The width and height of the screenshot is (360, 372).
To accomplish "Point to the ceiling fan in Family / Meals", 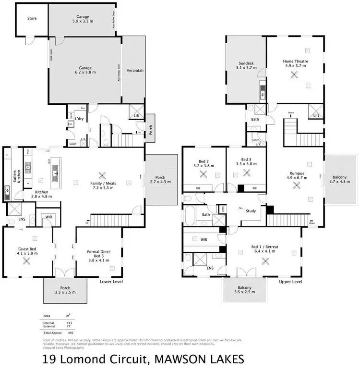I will (101, 175).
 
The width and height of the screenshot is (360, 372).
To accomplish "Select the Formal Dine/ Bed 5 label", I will (99, 255).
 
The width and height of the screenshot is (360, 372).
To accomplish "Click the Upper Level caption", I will (290, 282).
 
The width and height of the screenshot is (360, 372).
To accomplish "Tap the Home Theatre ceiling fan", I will (295, 74).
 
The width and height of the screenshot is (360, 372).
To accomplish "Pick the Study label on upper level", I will (250, 211).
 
